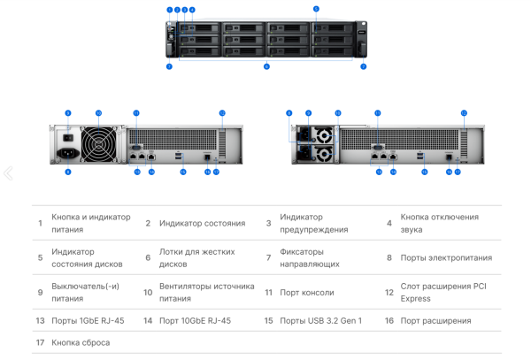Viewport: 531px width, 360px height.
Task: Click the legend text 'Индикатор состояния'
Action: click(202, 223)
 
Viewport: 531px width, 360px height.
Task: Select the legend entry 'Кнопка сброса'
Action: click(81, 342)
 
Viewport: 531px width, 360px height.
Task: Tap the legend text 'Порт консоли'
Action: click(307, 293)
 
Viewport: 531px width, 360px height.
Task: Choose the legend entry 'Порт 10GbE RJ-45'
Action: click(195, 321)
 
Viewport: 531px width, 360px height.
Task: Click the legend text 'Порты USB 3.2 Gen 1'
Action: click(320, 321)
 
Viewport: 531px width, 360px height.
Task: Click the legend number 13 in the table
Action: click(40, 321)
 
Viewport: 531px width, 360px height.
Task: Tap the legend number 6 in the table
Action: click(148, 257)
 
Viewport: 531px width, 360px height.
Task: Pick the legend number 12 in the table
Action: click(389, 293)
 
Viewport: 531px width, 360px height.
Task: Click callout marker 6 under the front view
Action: click(266, 66)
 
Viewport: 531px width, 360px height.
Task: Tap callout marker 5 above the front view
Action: click(316, 9)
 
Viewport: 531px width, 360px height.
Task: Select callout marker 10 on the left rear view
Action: click(98, 113)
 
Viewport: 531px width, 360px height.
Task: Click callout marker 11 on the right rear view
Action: click(378, 113)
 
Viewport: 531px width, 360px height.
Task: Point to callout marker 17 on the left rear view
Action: click(216, 172)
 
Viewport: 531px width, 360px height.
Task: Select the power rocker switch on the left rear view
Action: click(67, 135)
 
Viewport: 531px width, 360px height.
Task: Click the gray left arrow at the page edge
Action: click(8, 173)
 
